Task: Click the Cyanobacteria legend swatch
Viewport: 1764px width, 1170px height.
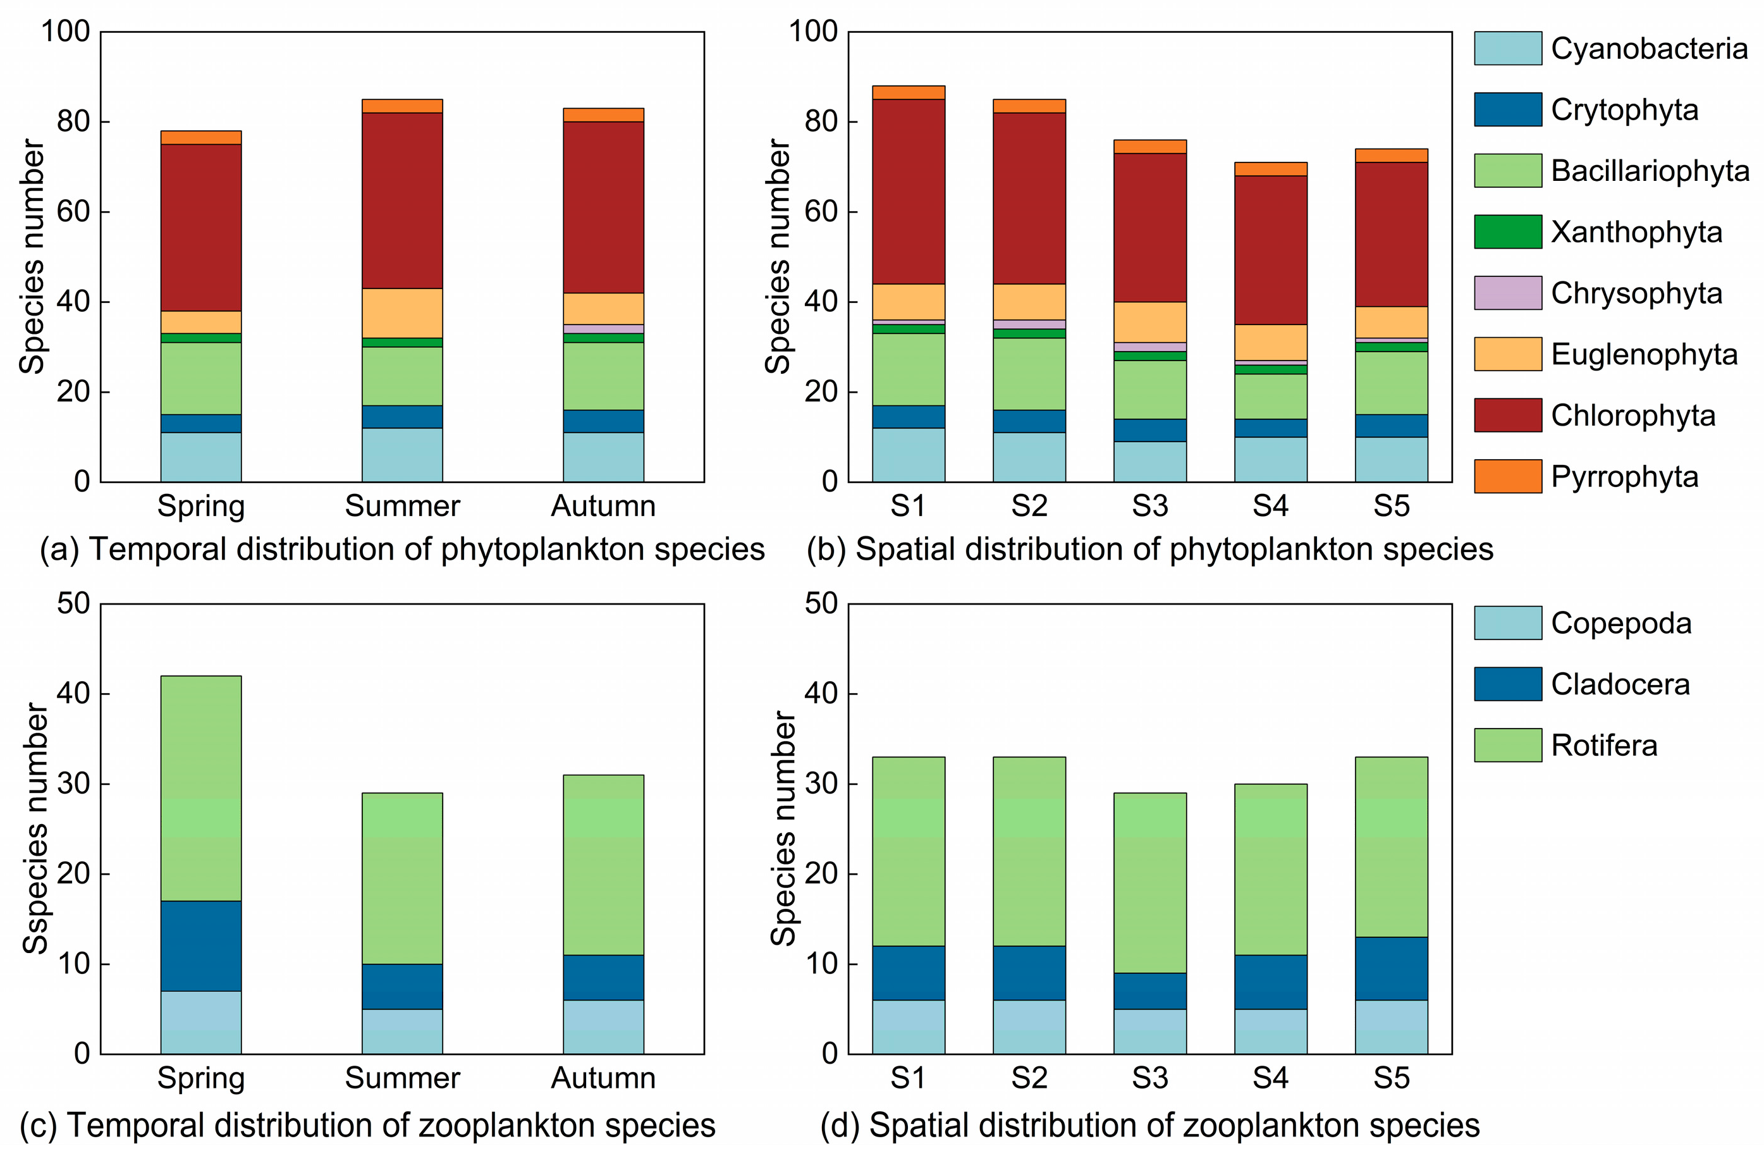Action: pyautogui.click(x=1507, y=49)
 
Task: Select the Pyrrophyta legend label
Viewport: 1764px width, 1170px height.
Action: pyautogui.click(x=1624, y=477)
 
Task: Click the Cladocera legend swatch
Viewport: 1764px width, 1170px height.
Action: pyautogui.click(x=1507, y=684)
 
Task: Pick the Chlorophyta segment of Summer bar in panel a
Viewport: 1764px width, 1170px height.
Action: pyautogui.click(x=402, y=200)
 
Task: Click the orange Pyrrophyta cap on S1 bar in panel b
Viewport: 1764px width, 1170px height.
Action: pyautogui.click(x=908, y=92)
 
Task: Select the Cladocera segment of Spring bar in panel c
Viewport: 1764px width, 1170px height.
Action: pyautogui.click(x=200, y=945)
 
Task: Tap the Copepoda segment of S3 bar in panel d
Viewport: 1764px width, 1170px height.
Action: pyautogui.click(x=1149, y=1031)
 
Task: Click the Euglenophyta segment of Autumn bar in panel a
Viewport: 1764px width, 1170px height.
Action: pyautogui.click(x=603, y=308)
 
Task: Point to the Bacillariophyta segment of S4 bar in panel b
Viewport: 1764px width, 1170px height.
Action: pyautogui.click(x=1270, y=396)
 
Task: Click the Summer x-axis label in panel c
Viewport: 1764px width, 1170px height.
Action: pyautogui.click(x=402, y=1078)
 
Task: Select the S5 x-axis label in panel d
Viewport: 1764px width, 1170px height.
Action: pyautogui.click(x=1391, y=1078)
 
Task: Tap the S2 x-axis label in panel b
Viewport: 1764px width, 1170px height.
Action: pyautogui.click(x=1029, y=506)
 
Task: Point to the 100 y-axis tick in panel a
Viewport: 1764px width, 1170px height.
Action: pyautogui.click(x=66, y=32)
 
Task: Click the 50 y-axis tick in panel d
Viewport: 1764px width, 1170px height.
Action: pyautogui.click(x=821, y=603)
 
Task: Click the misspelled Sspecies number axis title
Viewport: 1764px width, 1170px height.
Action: pyautogui.click(x=35, y=828)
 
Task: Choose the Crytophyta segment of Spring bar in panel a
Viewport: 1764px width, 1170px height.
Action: pyautogui.click(x=200, y=423)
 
